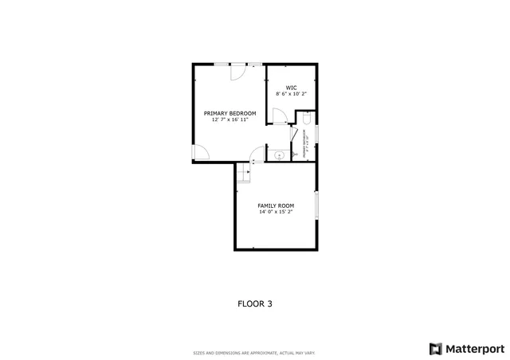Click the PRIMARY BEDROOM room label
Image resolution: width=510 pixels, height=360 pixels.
[229, 113]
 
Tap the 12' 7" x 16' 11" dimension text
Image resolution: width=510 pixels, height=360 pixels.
[229, 119]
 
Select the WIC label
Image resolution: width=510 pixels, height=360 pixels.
[292, 87]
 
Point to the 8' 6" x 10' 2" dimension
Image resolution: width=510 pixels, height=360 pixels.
[292, 93]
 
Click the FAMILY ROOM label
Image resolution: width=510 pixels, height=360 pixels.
[276, 205]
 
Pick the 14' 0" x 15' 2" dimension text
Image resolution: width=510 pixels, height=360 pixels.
[276, 212]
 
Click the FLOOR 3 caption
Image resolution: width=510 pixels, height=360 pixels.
[255, 303]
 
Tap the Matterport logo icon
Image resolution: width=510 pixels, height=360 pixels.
[434, 348]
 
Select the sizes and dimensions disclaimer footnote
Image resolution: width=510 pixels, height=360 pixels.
[255, 353]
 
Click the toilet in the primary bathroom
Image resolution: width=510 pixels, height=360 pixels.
[308, 119]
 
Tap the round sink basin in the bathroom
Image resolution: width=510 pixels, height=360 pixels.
[279, 155]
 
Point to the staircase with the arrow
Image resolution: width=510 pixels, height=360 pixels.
[243, 172]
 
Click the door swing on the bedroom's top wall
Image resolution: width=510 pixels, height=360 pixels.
[237, 72]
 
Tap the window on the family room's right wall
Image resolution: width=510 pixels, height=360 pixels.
[316, 205]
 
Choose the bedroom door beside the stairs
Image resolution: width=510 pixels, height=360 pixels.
[257, 154]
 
